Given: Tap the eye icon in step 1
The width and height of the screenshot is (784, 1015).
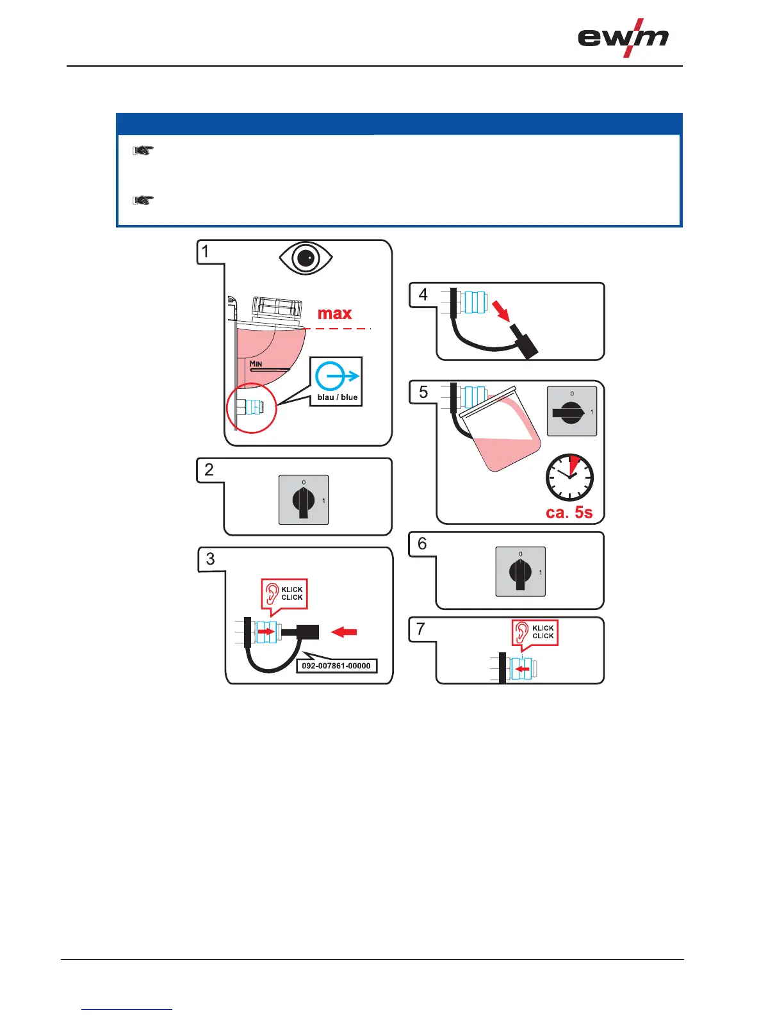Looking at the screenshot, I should pyautogui.click(x=306, y=258).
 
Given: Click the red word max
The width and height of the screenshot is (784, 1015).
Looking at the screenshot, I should pyautogui.click(x=335, y=313).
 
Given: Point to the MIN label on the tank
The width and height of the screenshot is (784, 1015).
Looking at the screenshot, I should pyautogui.click(x=256, y=364).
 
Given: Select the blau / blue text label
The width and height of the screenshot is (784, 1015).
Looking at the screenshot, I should pyautogui.click(x=337, y=397).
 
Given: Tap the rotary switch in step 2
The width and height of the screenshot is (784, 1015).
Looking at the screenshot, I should pyautogui.click(x=304, y=500).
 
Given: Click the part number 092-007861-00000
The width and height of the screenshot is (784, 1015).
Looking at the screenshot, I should pyautogui.click(x=336, y=666).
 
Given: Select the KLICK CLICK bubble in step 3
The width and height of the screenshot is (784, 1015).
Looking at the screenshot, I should pyautogui.click(x=284, y=593).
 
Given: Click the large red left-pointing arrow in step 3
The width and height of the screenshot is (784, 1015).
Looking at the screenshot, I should pyautogui.click(x=345, y=632).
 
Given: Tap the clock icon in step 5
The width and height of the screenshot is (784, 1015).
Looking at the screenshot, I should pyautogui.click(x=569, y=477).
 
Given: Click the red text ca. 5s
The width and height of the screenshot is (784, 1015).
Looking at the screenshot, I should pyautogui.click(x=569, y=513).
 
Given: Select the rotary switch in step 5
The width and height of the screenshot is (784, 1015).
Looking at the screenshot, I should pyautogui.click(x=571, y=411).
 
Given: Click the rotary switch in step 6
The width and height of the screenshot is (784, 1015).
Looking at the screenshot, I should pyautogui.click(x=520, y=572).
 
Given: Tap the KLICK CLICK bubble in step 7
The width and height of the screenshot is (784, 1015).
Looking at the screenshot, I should pyautogui.click(x=535, y=632).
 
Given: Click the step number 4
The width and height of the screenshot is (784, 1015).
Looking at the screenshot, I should pyautogui.click(x=423, y=295).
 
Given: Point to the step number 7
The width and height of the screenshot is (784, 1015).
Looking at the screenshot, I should pyautogui.click(x=421, y=629).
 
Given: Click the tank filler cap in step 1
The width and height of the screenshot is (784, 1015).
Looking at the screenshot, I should pyautogui.click(x=278, y=309).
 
